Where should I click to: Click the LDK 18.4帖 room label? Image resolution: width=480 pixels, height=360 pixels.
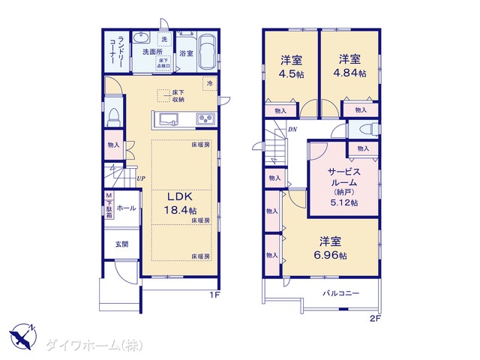point(181,203)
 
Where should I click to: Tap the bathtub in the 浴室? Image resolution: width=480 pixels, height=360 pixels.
point(208,52)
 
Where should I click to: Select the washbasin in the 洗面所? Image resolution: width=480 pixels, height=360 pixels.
point(141,38)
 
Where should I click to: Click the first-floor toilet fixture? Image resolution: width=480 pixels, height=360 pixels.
point(114,117)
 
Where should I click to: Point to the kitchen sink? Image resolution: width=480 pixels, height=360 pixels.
point(168,119)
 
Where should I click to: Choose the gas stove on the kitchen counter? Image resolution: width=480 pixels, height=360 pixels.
point(206,118)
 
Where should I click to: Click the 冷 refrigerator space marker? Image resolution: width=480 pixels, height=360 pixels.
point(210,83)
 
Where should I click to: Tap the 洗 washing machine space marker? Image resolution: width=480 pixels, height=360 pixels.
point(164,39)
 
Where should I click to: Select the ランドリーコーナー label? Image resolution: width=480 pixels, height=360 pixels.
point(116,50)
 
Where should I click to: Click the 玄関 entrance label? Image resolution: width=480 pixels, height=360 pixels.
point(121,244)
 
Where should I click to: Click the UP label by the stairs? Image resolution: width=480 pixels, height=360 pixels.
point(141,178)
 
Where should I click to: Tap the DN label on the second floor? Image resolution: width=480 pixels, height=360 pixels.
point(292,129)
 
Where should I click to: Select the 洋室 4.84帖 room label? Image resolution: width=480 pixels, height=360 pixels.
point(349,66)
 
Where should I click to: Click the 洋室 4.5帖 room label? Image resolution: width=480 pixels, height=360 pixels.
point(292,67)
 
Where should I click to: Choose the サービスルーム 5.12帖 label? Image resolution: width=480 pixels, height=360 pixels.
point(344,187)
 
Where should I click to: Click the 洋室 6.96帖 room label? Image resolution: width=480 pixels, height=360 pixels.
point(330,248)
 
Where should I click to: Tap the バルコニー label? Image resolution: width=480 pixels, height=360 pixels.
point(341,293)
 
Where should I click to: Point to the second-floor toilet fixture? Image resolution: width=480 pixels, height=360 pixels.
point(369,129)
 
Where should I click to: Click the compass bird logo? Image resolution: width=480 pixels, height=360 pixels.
point(23,336)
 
